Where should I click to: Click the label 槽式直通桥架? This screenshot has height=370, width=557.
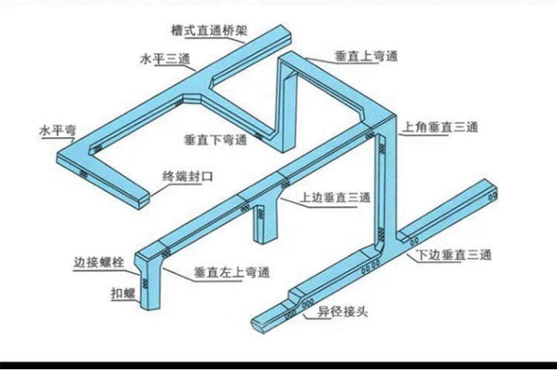click(x=209, y=30)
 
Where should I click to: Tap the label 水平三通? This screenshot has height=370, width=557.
click(x=165, y=59)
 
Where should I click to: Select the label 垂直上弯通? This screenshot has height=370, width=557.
click(x=366, y=56)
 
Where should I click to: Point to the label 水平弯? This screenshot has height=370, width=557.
click(x=58, y=131)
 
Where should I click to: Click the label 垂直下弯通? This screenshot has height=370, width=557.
click(x=215, y=140)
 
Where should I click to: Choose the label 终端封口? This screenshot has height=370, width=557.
click(x=188, y=176)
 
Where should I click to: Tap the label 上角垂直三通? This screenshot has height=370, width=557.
click(x=440, y=127)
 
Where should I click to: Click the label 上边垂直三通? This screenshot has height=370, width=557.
click(x=336, y=197)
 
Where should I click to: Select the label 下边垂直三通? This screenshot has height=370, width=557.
click(x=454, y=255)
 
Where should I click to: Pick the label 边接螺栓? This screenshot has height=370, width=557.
click(x=99, y=262)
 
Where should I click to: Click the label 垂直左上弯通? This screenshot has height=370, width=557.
click(x=232, y=272)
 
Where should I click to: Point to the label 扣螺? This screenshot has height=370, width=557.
click(x=123, y=294)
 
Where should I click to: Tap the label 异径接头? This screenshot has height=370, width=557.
click(x=342, y=312)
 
